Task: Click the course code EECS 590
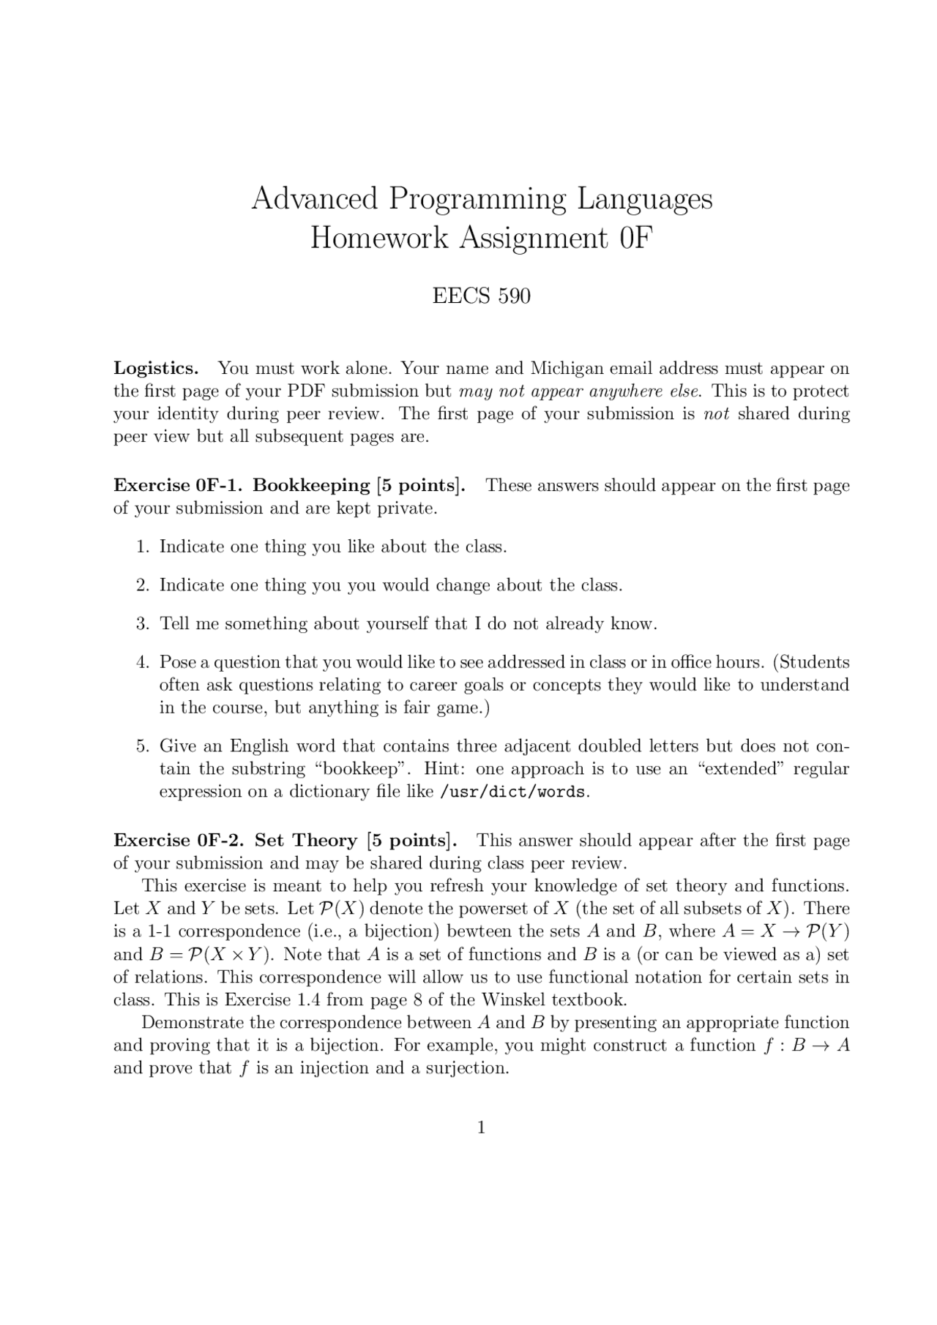[x=481, y=296]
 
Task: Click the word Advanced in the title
[x=314, y=198]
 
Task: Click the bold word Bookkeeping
[x=311, y=485]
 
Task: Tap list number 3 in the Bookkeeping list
[x=143, y=624]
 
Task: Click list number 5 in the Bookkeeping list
[x=143, y=746]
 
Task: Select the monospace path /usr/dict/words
[x=512, y=792]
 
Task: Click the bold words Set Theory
[x=305, y=841]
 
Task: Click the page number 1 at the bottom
[x=481, y=1127]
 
